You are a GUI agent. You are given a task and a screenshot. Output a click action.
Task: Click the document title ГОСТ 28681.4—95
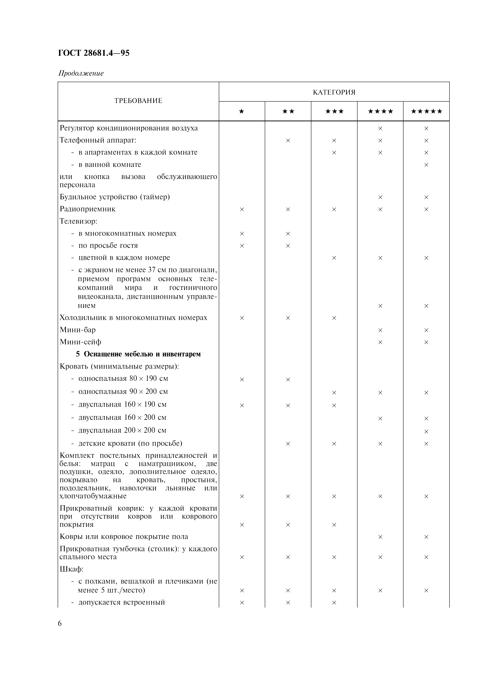[x=94, y=53]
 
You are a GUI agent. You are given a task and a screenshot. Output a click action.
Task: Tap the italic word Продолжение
[x=81, y=73]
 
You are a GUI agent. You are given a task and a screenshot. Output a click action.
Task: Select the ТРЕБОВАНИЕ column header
[x=138, y=101]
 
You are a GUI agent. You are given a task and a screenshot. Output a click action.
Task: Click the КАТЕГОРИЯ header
[x=334, y=92]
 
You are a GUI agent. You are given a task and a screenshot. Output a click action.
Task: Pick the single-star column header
[x=242, y=111]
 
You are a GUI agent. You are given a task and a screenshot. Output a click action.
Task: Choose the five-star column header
[x=426, y=111]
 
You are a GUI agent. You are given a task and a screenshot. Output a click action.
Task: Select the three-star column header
[x=334, y=111]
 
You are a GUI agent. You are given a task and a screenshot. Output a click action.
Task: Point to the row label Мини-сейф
[x=80, y=342]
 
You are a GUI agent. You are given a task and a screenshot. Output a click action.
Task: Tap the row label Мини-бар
[x=78, y=330]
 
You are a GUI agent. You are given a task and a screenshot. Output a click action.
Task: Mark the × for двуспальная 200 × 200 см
[x=426, y=431]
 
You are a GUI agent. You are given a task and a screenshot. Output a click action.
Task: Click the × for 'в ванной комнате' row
[x=426, y=165]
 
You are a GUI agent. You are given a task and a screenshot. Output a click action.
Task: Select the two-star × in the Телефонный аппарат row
[x=288, y=140]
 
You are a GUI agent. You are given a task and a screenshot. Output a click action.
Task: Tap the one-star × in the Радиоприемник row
[x=242, y=209]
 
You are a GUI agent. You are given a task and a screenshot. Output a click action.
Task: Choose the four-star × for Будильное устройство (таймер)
[x=380, y=197]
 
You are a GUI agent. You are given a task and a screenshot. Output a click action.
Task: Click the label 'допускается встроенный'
[x=121, y=602]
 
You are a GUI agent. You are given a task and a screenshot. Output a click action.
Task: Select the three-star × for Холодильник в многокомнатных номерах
[x=334, y=318]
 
